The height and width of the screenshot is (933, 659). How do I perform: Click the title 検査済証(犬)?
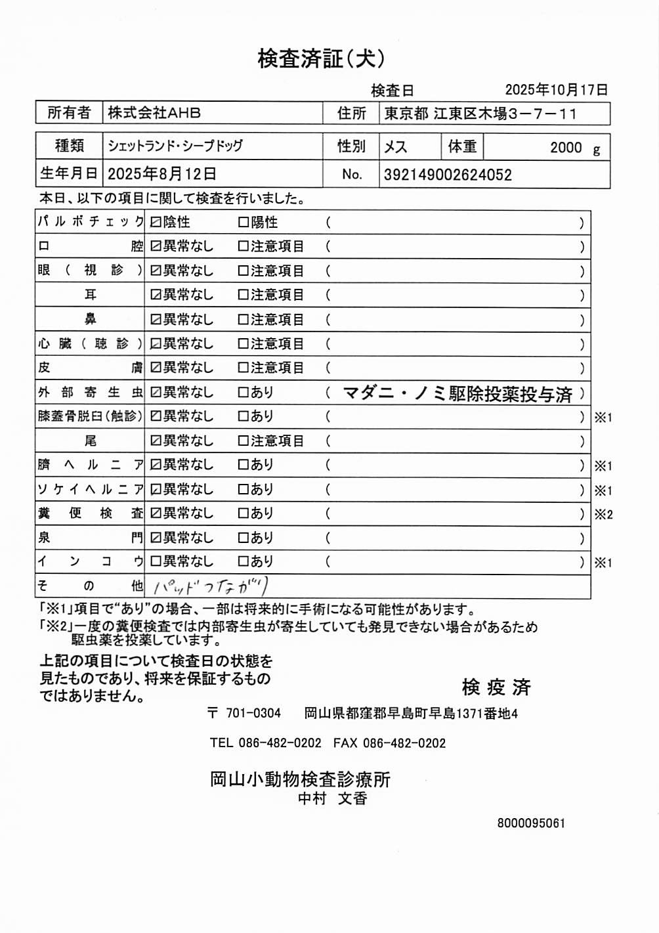tap(321, 59)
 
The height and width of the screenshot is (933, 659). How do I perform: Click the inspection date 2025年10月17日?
tap(556, 90)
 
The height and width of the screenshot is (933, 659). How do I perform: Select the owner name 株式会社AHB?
tap(154, 113)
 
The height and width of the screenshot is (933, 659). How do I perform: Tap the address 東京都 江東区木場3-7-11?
tap(480, 114)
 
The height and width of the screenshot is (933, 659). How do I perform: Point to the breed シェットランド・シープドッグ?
tap(175, 146)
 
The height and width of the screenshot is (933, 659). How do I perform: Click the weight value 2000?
tap(566, 148)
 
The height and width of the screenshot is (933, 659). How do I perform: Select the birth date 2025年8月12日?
tap(161, 174)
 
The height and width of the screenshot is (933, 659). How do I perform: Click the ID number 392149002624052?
tap(448, 175)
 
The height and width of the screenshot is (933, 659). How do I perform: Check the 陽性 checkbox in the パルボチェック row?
tap(243, 223)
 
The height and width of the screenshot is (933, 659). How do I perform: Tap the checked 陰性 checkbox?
tap(156, 223)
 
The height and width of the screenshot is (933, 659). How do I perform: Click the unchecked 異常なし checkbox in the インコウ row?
tap(156, 562)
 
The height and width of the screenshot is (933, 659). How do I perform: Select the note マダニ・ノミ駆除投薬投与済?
tap(457, 394)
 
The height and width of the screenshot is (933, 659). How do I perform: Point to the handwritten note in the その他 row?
tap(210, 586)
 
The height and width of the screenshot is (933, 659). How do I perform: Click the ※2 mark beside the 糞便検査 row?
tap(603, 514)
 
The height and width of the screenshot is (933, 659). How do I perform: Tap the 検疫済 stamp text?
tap(496, 687)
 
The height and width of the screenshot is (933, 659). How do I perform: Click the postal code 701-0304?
tap(253, 714)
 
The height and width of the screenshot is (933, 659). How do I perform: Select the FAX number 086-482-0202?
tap(404, 743)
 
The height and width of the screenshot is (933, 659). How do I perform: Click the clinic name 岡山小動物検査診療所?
tap(300, 779)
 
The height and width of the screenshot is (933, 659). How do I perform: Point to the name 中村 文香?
tap(332, 798)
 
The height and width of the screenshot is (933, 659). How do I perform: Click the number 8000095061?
tap(531, 823)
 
